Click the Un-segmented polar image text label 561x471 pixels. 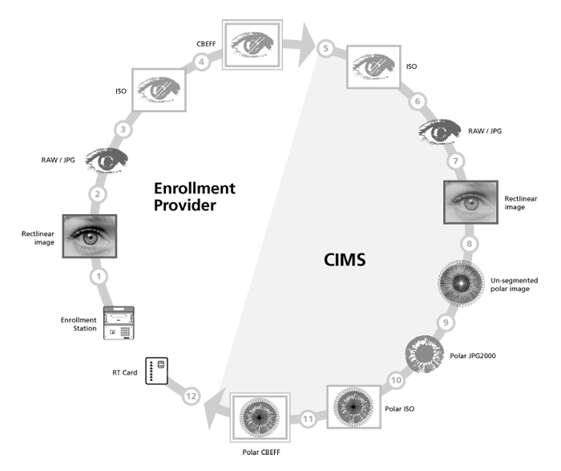click(515, 285)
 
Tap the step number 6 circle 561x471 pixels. click(416, 102)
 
